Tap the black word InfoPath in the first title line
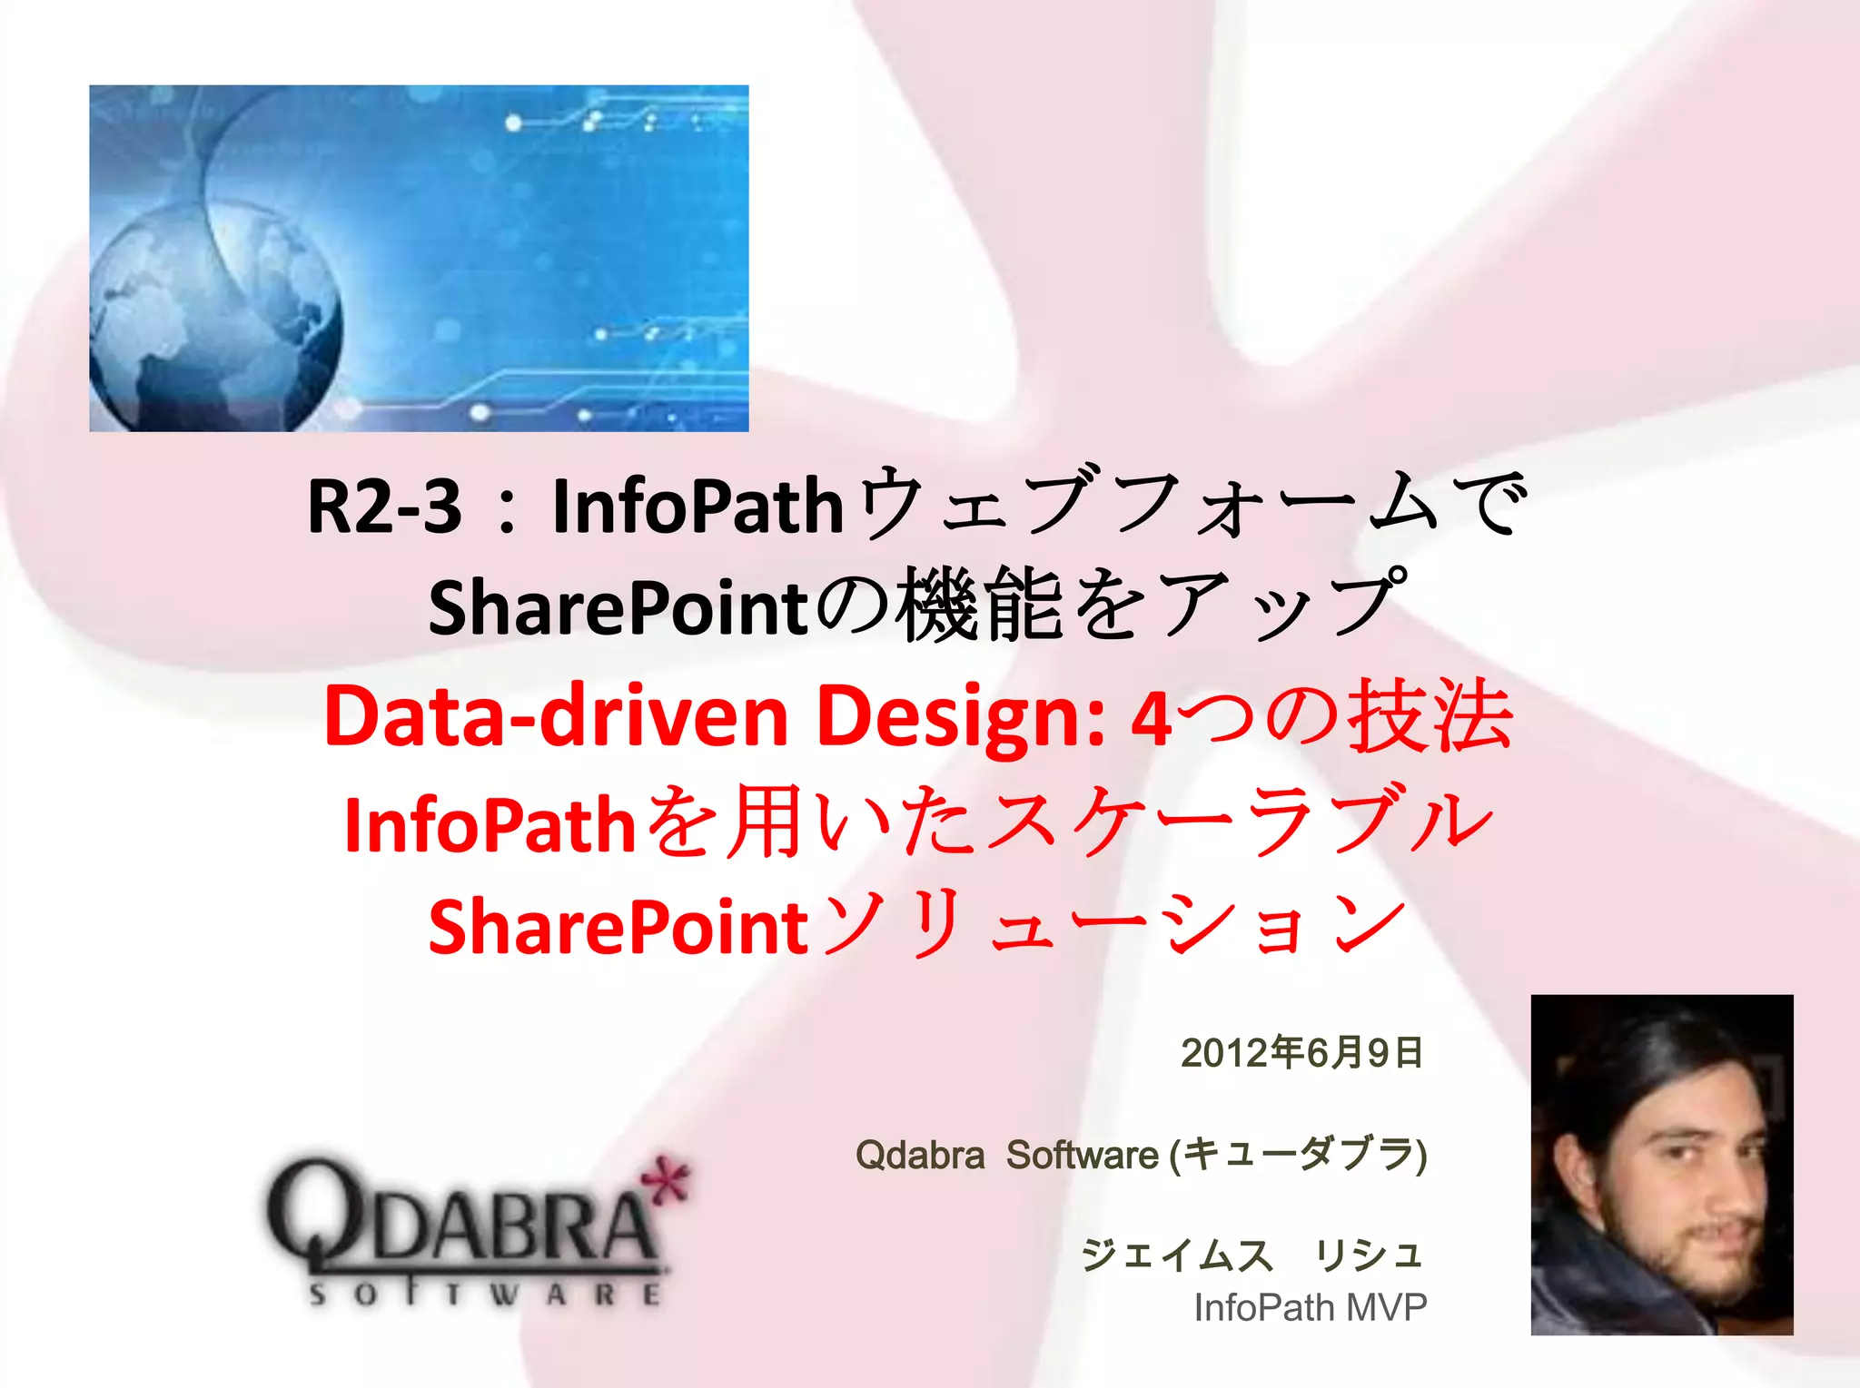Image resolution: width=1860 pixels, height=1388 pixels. (x=697, y=507)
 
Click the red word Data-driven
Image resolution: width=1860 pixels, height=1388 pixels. (x=556, y=717)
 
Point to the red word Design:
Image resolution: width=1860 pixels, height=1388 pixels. (x=961, y=717)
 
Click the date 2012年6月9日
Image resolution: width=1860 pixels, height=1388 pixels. (x=1301, y=1053)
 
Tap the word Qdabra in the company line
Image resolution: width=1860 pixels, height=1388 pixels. (x=919, y=1156)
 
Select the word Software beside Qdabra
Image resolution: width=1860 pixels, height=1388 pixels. (x=1082, y=1156)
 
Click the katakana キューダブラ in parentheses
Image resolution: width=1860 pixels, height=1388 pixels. (x=1299, y=1156)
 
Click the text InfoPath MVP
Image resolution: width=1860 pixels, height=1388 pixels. (x=1310, y=1308)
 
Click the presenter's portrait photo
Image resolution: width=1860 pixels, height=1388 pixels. (x=1661, y=1165)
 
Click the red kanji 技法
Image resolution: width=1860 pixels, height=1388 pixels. (x=1430, y=717)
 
